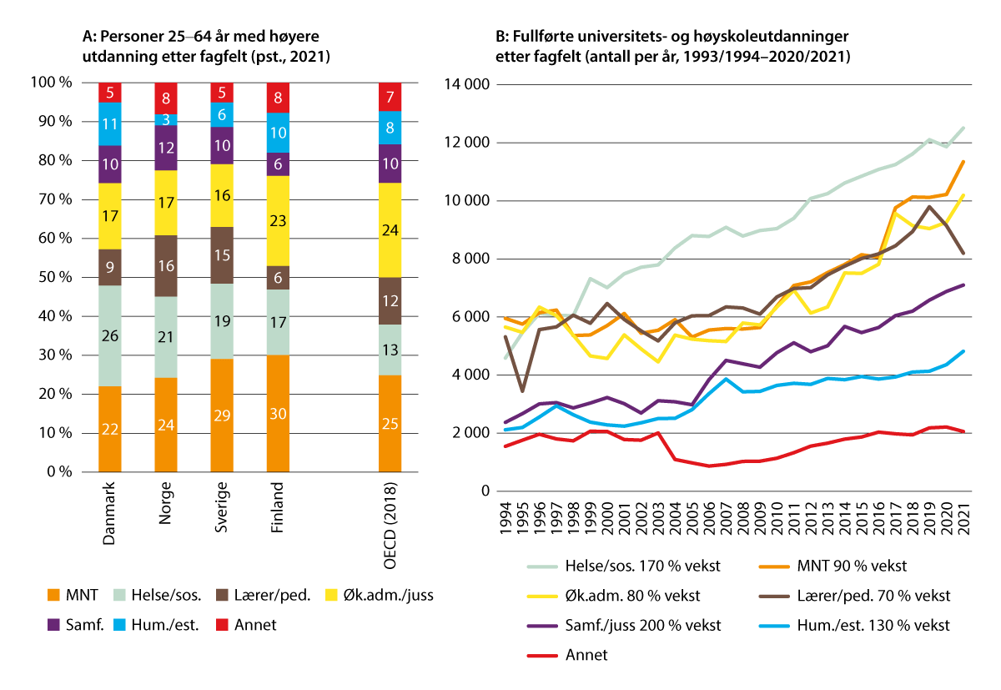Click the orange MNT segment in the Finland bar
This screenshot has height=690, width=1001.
pyautogui.click(x=279, y=414)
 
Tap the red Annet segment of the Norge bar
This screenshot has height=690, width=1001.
pyautogui.click(x=166, y=98)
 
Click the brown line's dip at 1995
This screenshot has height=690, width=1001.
pyautogui.click(x=523, y=391)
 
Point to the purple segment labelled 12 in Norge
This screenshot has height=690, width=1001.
pyautogui.click(x=166, y=148)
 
